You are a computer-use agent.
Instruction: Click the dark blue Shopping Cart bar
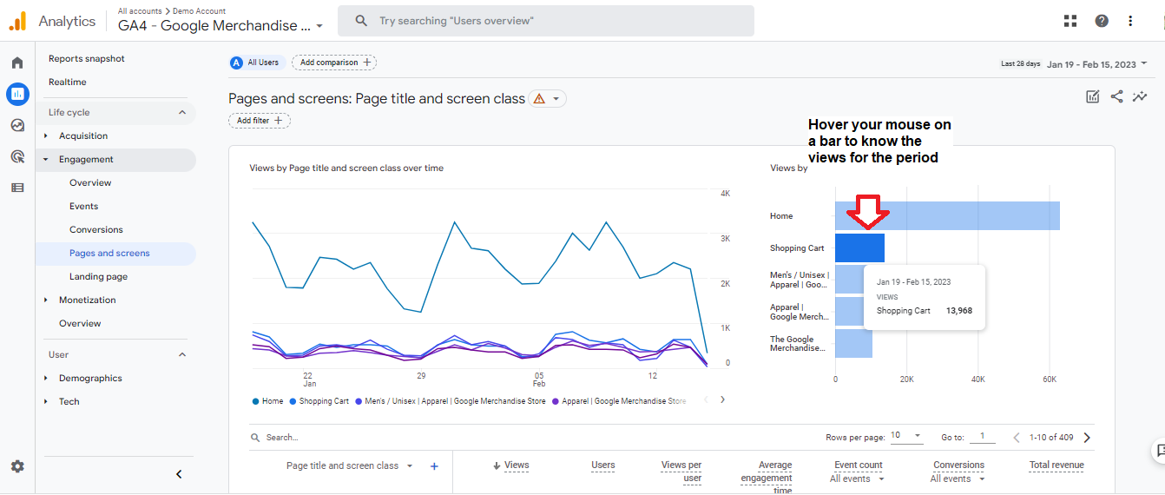859,247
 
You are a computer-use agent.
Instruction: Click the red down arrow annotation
867,212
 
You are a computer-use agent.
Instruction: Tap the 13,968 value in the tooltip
959,311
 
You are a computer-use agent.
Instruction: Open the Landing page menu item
98,276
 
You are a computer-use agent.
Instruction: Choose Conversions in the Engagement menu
96,229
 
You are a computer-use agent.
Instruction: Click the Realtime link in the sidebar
68,82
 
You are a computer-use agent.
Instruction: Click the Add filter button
259,121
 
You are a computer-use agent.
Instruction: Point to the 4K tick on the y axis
726,194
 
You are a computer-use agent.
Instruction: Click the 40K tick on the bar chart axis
977,379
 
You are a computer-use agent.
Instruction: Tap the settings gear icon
17,466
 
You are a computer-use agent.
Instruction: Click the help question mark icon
1101,21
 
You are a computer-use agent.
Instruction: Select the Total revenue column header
1056,465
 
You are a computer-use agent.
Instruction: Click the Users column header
602,465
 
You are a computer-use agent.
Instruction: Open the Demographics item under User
90,378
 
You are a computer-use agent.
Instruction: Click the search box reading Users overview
545,21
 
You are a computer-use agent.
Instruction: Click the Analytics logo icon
17,22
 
